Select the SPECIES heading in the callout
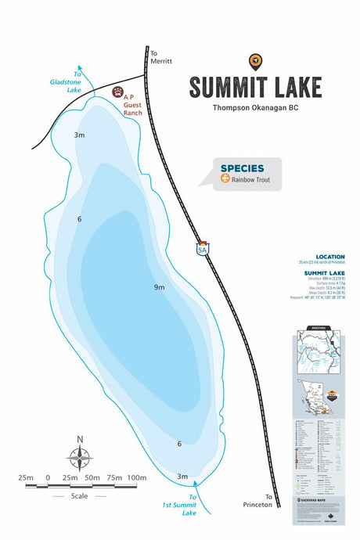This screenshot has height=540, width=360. point(242,167)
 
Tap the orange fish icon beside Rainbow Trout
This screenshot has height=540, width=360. point(225,178)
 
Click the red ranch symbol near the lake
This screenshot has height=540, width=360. point(118,92)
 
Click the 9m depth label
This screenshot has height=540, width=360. point(159,287)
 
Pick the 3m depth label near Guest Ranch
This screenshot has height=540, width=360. point(79,135)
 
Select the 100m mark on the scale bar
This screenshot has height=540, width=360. point(136,477)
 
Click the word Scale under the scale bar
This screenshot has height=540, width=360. point(79,495)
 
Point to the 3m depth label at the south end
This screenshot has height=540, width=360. point(182,477)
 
